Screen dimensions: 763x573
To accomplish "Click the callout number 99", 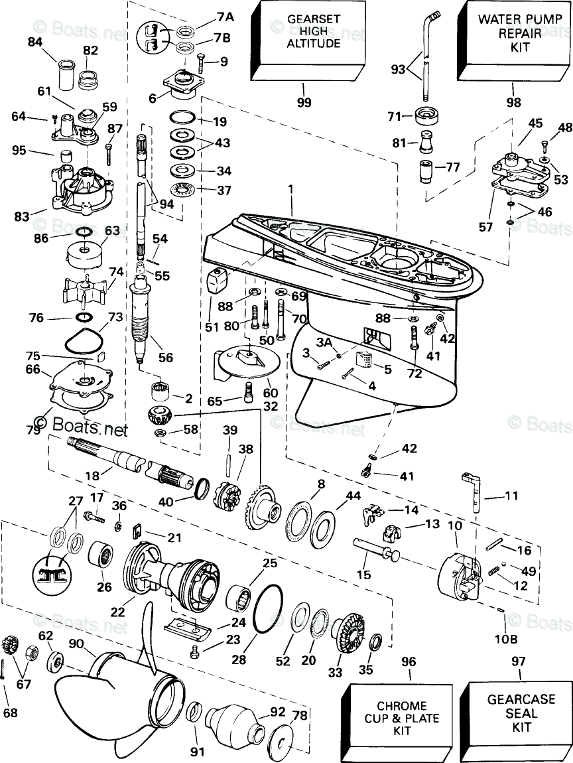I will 304,102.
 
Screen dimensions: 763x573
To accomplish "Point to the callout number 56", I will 165,358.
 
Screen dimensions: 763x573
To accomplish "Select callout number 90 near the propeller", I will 76,643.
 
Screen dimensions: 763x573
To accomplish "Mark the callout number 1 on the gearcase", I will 289,190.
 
